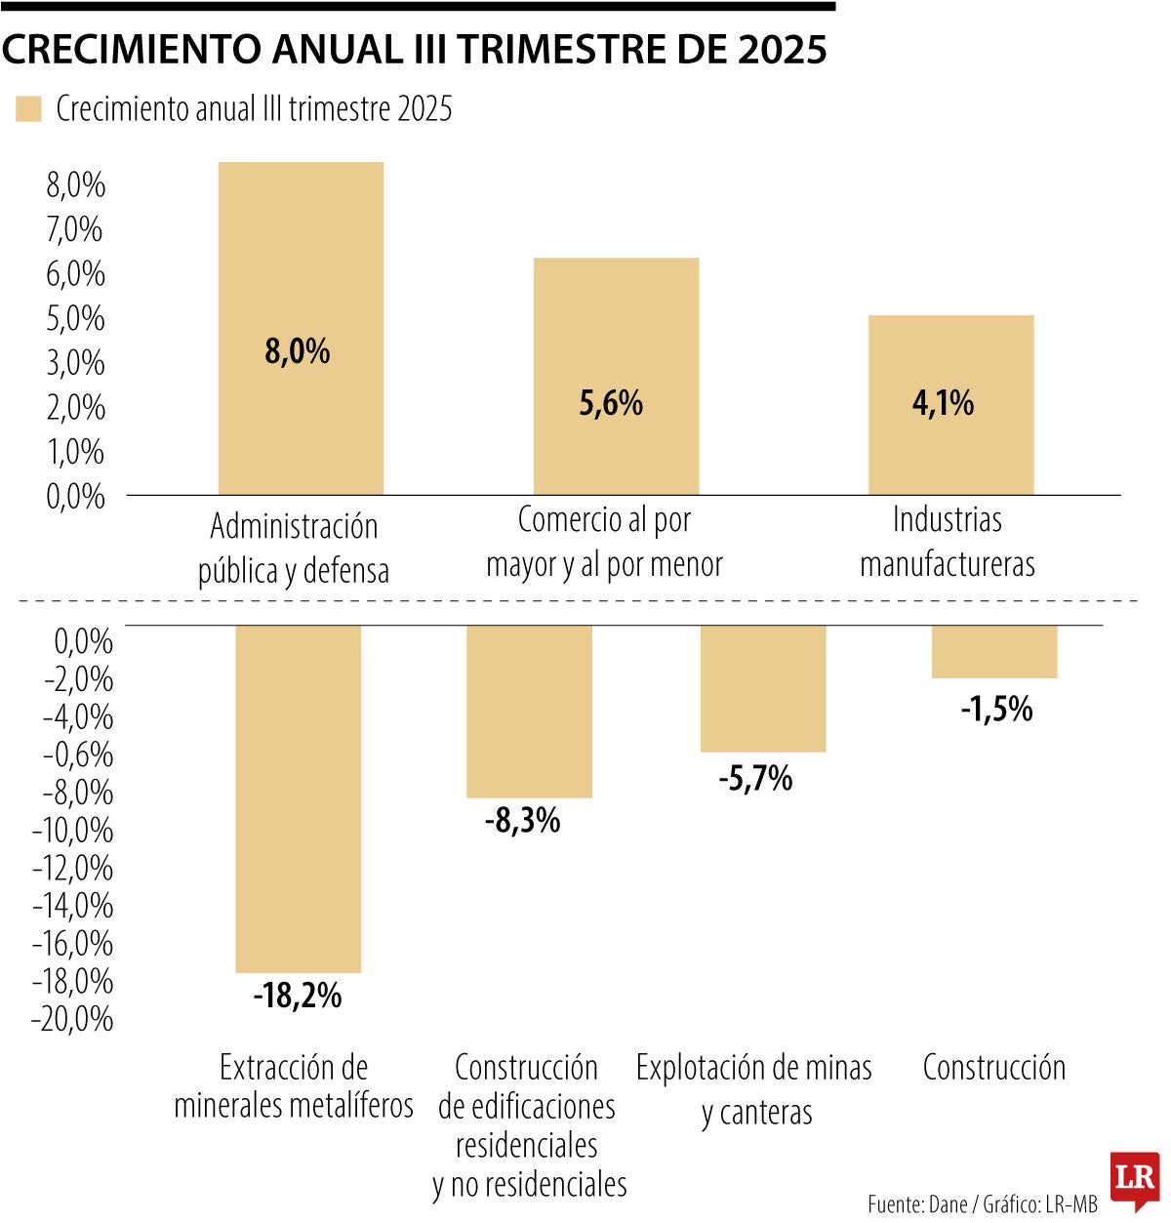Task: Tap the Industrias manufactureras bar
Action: point(950,361)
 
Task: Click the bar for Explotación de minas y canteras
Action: point(763,688)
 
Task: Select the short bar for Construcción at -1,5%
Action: point(994,651)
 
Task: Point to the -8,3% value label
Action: point(522,821)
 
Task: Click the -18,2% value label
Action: point(298,996)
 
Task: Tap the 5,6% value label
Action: point(611,403)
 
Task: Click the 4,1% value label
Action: point(943,403)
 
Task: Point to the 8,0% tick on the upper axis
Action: point(75,184)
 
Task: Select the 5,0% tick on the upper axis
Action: point(75,318)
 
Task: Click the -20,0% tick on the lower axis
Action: point(72,1019)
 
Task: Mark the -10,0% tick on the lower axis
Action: point(72,831)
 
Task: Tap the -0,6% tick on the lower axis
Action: point(77,754)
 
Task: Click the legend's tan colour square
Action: point(28,108)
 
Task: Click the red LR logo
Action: point(1135,1178)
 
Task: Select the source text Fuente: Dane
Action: point(917,1204)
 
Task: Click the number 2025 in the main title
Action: point(782,50)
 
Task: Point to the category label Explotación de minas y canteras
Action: point(754,1089)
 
